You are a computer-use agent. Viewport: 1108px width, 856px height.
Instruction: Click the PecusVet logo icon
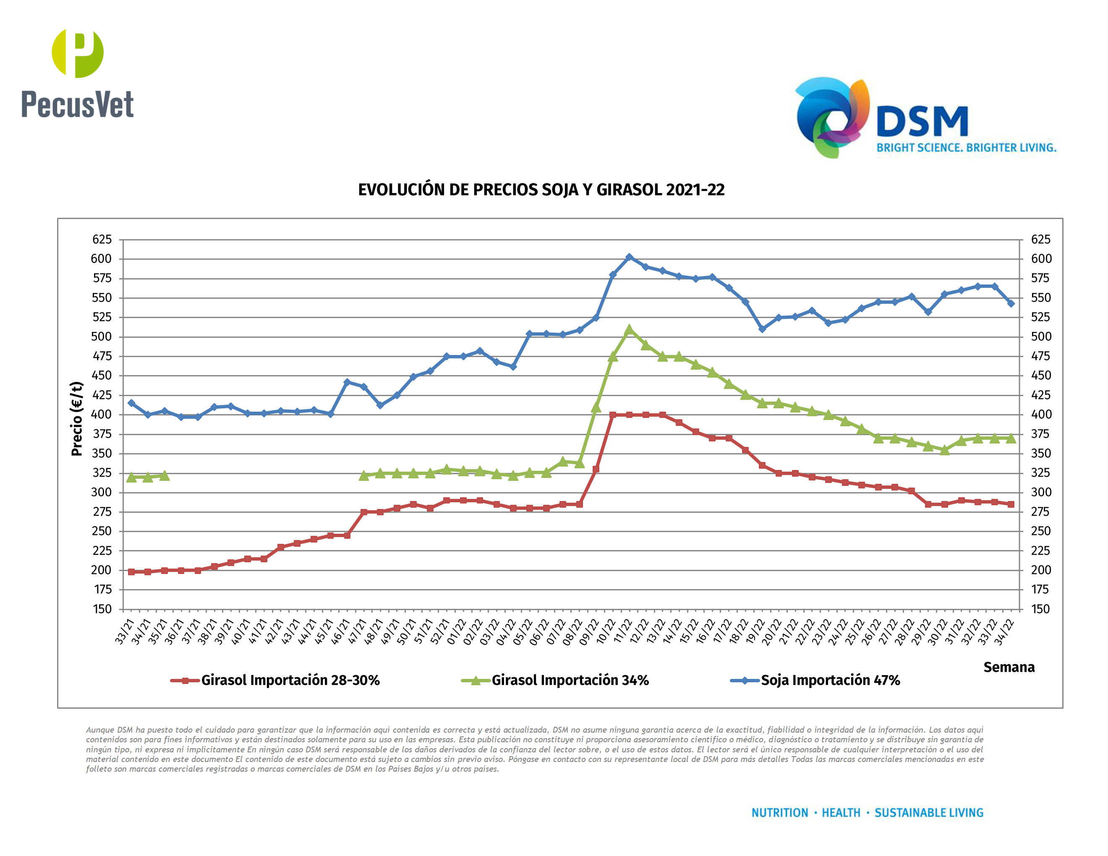78,53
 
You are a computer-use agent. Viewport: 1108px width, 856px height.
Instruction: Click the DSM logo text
922,122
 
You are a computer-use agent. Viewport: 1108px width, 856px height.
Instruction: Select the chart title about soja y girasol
541,190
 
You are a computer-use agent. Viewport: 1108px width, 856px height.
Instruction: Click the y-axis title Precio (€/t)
77,418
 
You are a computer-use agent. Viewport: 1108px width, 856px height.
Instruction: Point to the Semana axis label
1009,667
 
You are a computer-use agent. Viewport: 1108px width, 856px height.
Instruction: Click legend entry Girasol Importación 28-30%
290,680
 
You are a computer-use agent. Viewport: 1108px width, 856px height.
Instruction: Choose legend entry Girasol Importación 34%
570,680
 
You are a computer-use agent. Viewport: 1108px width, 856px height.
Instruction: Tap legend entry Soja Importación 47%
830,680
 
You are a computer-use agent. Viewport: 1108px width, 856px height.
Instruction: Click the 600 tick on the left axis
102,258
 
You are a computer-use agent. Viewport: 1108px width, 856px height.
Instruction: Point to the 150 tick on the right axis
1040,609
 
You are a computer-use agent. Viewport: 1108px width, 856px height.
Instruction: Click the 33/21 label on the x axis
125,632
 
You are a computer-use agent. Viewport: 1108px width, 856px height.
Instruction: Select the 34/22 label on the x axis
1004,632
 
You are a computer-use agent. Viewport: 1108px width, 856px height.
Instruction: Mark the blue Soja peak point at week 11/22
629,257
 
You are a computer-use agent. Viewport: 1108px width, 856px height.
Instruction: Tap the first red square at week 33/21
131,572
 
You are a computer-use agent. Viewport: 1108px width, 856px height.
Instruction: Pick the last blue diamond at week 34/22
1011,303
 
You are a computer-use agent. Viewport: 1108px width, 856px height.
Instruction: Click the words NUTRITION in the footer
779,813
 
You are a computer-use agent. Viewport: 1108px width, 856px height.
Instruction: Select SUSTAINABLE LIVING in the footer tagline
928,813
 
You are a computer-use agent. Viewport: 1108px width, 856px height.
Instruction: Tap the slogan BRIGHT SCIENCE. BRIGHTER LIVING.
966,148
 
